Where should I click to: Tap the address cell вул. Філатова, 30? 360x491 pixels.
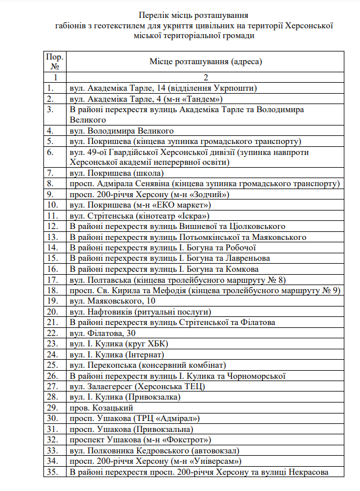[x=102, y=332]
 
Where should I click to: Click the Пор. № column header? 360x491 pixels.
[x=55, y=61]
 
